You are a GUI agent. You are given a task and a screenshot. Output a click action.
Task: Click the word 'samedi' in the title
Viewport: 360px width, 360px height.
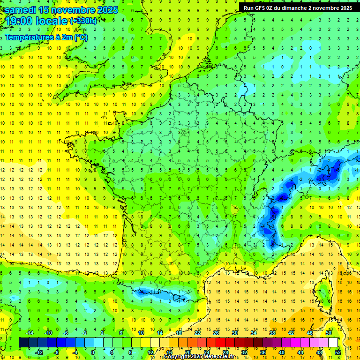click(21, 9)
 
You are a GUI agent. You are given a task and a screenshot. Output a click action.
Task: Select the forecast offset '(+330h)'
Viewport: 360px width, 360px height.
click(83, 21)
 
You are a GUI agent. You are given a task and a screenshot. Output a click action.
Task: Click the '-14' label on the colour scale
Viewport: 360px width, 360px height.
click(30, 333)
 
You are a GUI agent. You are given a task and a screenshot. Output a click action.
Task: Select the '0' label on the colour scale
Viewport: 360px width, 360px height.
click(92, 352)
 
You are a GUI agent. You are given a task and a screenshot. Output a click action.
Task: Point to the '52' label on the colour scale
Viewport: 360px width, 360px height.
click(337, 352)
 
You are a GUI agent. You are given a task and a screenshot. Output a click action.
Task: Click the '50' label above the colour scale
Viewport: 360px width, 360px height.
click(328, 333)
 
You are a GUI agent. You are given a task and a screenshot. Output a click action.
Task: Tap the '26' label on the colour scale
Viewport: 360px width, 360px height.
click(216, 333)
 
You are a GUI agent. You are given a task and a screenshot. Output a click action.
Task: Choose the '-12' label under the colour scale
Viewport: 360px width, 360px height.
click(39, 352)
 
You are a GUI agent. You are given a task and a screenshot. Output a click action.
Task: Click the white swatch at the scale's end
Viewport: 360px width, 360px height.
click(333, 343)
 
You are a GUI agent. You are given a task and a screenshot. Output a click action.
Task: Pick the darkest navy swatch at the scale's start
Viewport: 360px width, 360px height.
click(24, 343)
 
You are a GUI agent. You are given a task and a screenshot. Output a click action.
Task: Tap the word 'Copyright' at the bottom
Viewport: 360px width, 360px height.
click(178, 357)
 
